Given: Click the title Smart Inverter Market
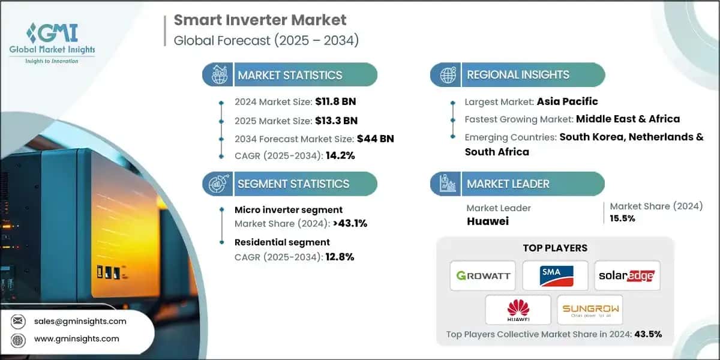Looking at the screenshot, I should tap(260, 20).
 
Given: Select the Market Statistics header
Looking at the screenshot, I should tap(290, 75).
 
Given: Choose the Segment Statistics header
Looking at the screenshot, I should tap(293, 184).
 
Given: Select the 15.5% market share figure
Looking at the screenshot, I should tap(622, 218).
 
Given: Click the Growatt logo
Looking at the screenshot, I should tap(483, 276).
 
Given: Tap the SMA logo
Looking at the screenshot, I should tap(555, 276).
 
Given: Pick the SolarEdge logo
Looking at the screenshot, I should tap(627, 276).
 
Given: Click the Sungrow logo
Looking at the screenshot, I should tap(590, 310).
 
